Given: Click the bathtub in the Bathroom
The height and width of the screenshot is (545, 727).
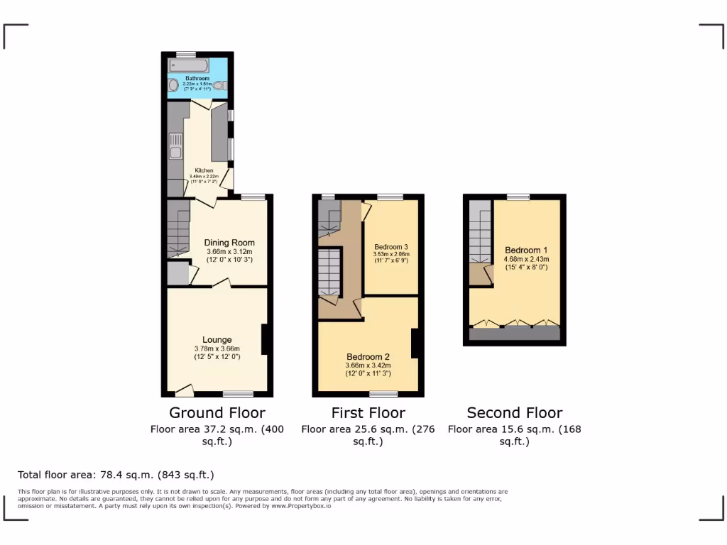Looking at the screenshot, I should click(x=187, y=65).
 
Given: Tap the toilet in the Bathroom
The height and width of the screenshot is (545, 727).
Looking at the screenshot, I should click(x=219, y=87).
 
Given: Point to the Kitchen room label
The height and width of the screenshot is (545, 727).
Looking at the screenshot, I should click(x=204, y=171).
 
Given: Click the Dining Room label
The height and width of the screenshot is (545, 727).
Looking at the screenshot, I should click(x=229, y=243).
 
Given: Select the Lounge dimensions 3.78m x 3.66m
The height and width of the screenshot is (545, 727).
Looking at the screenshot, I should click(x=217, y=348).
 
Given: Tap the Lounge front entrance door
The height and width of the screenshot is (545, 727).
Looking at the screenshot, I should click(x=184, y=389).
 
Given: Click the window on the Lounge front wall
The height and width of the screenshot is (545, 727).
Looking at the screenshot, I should click(x=238, y=394).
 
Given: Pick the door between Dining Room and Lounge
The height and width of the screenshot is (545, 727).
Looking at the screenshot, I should click(x=222, y=284).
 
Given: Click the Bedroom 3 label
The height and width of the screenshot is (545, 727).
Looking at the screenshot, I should click(x=391, y=247).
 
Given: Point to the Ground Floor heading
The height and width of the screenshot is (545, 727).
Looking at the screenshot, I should click(x=217, y=413).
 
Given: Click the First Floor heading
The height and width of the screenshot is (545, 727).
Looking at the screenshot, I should click(x=368, y=413).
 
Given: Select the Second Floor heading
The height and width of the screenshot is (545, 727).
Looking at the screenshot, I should click(x=515, y=413).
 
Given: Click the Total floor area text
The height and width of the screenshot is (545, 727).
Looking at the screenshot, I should click(x=116, y=475).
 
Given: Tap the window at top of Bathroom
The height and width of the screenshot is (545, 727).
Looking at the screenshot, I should click(x=186, y=54).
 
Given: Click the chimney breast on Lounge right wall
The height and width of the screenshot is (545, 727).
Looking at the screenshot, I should click(x=264, y=339).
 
